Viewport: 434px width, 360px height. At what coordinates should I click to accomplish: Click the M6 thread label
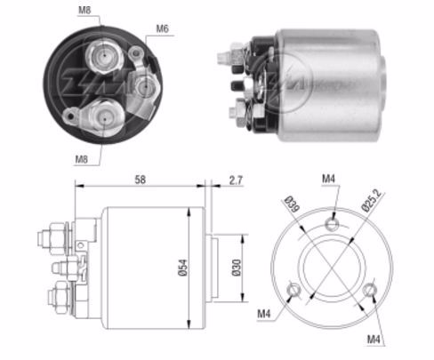pos(162,28)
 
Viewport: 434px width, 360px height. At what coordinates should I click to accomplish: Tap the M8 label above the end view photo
pos(84,10)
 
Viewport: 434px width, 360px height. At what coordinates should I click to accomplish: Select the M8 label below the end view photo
pos(81,159)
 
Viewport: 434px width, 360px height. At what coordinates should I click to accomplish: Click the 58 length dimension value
pos(141,180)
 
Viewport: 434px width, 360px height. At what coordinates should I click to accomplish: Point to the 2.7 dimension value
pos(236,180)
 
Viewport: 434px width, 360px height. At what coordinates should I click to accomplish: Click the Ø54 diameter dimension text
pos(182,268)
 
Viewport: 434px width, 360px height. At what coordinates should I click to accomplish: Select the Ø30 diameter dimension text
pos(236,268)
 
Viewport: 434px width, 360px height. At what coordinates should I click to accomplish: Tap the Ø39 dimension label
pos(292,204)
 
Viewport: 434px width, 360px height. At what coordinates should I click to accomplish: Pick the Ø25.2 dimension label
pos(372,200)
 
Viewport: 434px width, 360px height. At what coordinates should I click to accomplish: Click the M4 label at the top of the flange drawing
pos(328,179)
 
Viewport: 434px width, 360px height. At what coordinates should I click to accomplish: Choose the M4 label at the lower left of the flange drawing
pos(264,313)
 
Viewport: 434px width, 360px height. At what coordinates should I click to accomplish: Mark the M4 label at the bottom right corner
pos(374,339)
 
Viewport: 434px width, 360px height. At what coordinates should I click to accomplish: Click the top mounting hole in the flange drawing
pos(332,223)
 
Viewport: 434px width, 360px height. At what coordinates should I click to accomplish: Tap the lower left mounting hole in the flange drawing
pos(294,290)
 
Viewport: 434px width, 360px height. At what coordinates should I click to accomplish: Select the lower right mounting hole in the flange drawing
pos(369,290)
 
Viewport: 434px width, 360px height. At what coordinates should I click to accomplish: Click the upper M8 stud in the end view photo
pos(104,55)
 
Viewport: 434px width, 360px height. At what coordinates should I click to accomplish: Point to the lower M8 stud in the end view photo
pos(105,117)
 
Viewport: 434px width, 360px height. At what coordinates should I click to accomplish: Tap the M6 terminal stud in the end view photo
pos(145,86)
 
